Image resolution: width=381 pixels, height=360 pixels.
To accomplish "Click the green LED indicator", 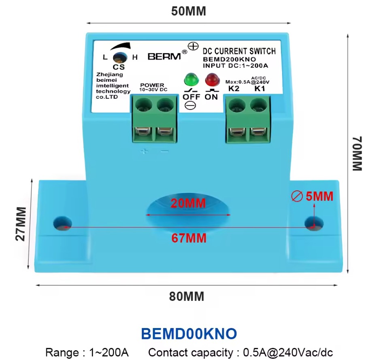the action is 191,79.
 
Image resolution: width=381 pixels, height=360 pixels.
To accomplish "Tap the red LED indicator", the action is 212,79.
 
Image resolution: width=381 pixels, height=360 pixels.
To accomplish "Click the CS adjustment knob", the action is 120,58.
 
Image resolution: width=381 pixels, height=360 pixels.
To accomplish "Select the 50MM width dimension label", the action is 189,11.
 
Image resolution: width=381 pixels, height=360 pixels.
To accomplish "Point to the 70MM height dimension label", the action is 357,153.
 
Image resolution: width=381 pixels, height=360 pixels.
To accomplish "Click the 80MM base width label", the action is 187,296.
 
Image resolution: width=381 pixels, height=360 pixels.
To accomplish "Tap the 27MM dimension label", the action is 21,224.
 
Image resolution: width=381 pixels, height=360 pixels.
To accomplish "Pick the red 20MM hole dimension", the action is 188,203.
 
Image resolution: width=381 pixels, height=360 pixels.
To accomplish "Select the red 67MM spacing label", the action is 189,238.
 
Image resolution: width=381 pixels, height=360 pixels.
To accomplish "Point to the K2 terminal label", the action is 234,88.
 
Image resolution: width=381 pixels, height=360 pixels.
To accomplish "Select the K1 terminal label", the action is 260,88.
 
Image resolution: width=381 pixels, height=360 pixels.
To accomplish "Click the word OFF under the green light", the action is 191,97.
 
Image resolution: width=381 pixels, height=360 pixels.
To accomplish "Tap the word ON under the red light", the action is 211,97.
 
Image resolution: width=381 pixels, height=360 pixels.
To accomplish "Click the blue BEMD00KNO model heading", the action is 189,334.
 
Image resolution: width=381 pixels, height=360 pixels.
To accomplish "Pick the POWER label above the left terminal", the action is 152,85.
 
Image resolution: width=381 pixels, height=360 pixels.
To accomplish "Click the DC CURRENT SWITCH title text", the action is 239,51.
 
